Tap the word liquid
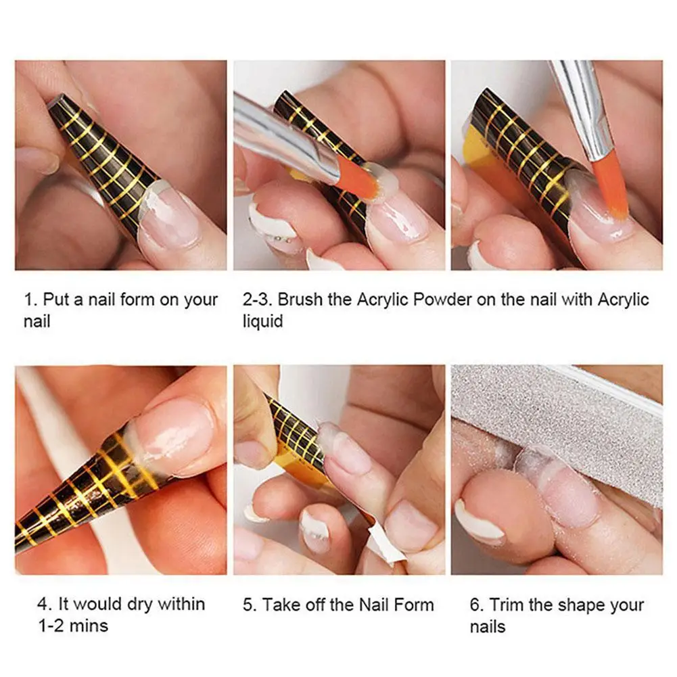click(262, 321)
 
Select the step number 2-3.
click(257, 300)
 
